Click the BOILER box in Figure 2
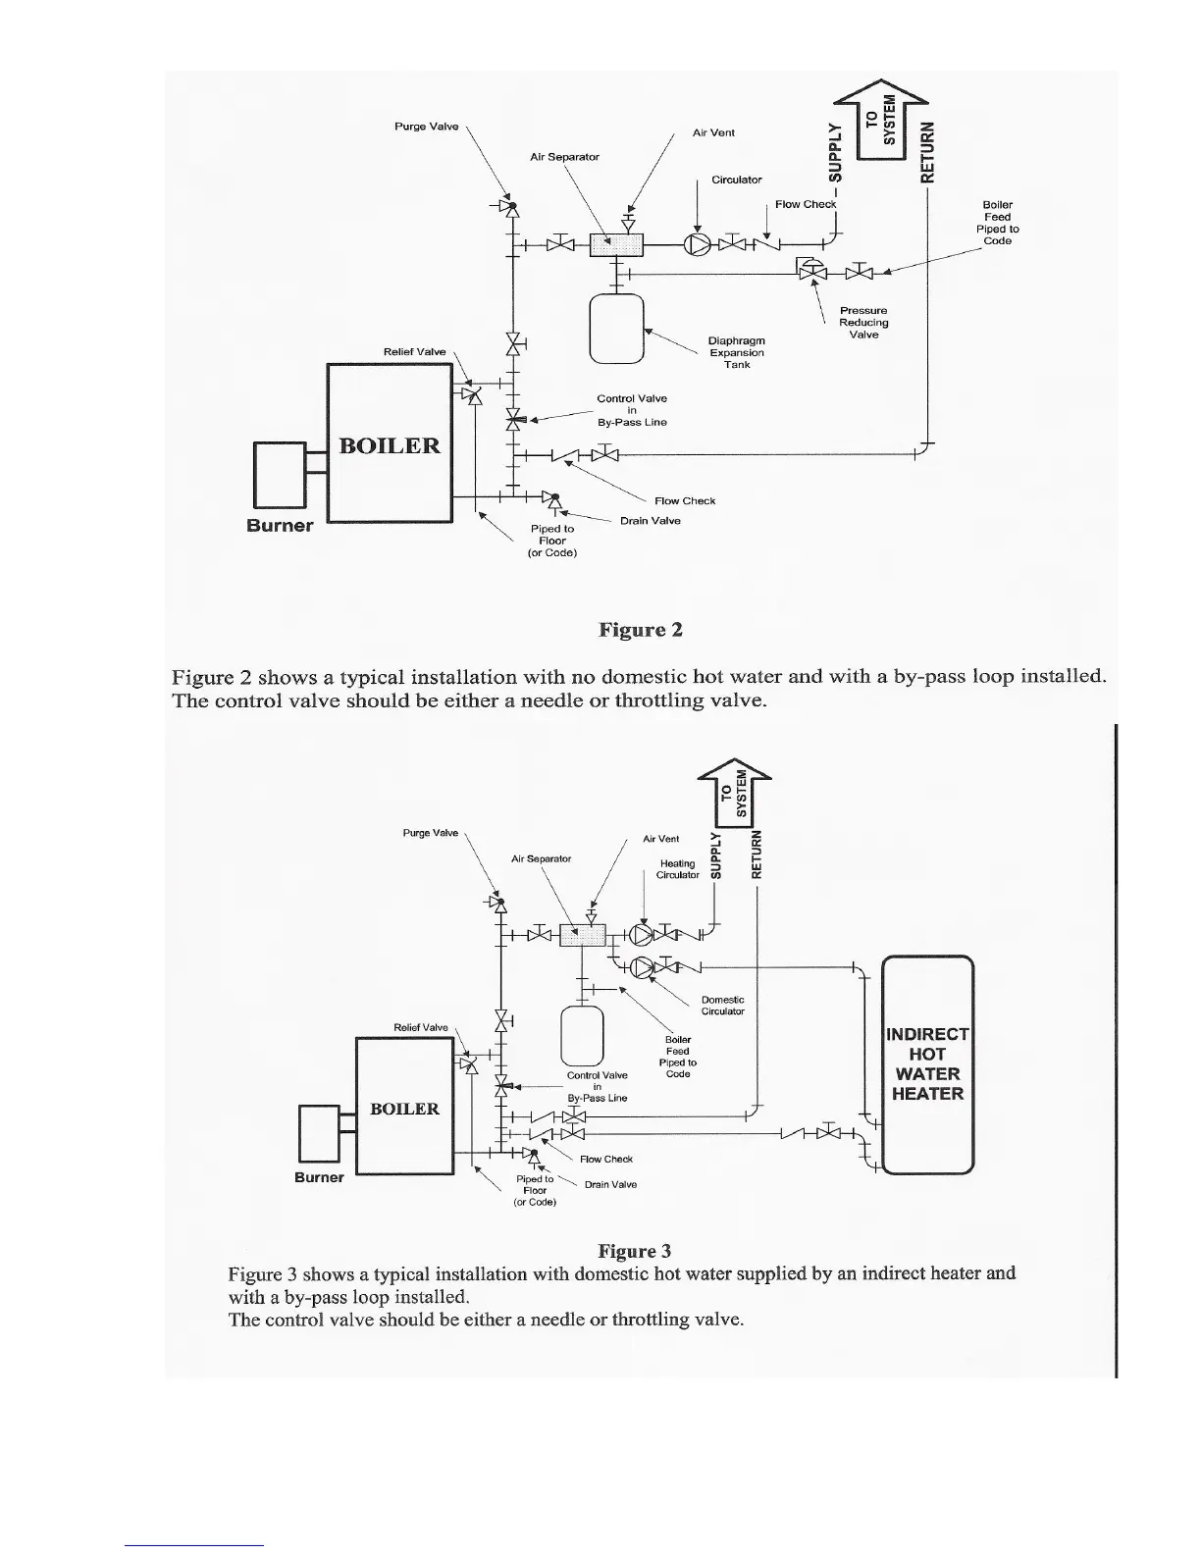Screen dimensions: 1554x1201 (x=389, y=443)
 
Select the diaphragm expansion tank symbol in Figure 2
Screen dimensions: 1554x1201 (x=614, y=328)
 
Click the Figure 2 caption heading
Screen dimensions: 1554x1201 (x=640, y=630)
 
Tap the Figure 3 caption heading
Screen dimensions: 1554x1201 (x=634, y=1251)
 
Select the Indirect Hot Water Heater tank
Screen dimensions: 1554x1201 (x=927, y=1064)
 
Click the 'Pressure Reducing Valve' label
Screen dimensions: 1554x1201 (x=863, y=323)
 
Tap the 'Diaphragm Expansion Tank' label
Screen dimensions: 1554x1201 (x=736, y=353)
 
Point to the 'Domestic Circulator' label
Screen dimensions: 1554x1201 (x=723, y=1006)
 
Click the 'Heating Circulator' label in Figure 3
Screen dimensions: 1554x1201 (x=678, y=869)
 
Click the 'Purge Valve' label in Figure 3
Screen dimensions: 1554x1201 (x=430, y=833)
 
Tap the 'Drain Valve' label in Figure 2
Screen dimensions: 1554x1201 (x=651, y=521)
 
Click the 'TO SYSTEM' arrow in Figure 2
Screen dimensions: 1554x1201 (x=879, y=122)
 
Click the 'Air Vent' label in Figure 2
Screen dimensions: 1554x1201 (x=713, y=132)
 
